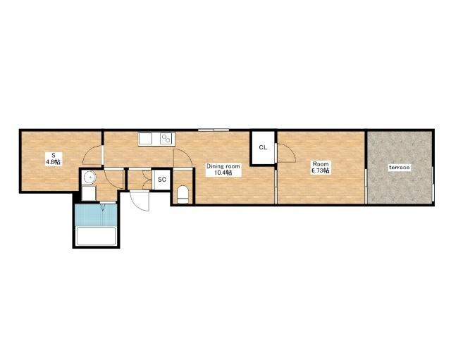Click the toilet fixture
[x=183, y=194]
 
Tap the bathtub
[x=96, y=236]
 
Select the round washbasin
[x=89, y=178]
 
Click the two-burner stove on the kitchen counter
[x=166, y=139]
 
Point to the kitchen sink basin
[x=146, y=139]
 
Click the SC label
[x=162, y=180]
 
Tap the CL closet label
[x=263, y=147]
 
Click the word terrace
[x=400, y=167]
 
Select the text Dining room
[x=223, y=166]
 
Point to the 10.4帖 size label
[x=223, y=173]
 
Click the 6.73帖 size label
[x=321, y=170]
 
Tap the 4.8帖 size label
[x=54, y=162]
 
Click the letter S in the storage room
[x=54, y=156]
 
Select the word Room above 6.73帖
[x=321, y=164]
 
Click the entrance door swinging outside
[x=140, y=201]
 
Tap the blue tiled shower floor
[x=96, y=215]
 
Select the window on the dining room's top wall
[x=214, y=130]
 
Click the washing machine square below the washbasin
[x=89, y=193]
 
